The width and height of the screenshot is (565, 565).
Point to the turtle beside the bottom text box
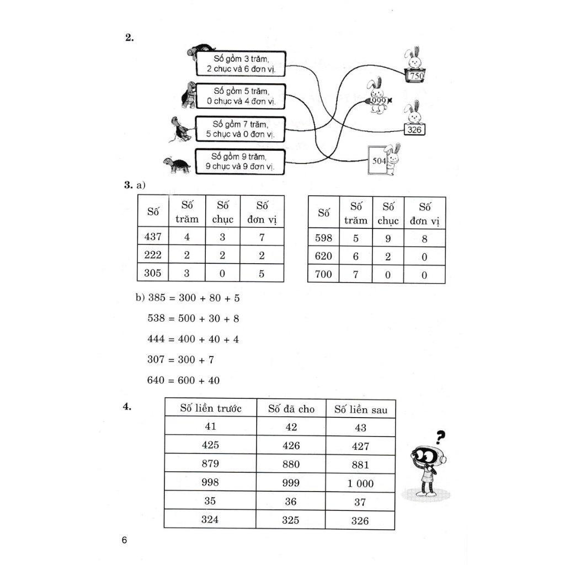click(x=177, y=164)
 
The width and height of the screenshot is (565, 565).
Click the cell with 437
click(x=153, y=237)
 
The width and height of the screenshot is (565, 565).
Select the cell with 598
click(x=323, y=238)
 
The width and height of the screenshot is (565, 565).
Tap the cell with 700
click(x=323, y=274)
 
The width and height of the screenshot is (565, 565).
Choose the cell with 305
click(x=153, y=272)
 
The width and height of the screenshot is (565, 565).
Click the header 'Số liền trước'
click(x=211, y=408)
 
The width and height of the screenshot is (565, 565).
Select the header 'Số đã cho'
click(x=291, y=409)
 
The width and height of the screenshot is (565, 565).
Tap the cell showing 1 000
click(x=360, y=483)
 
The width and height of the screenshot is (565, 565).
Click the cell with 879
click(x=210, y=463)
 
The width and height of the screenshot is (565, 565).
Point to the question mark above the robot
click(x=440, y=438)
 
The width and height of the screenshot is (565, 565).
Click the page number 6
click(x=125, y=540)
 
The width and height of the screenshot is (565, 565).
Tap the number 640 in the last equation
click(x=157, y=381)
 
